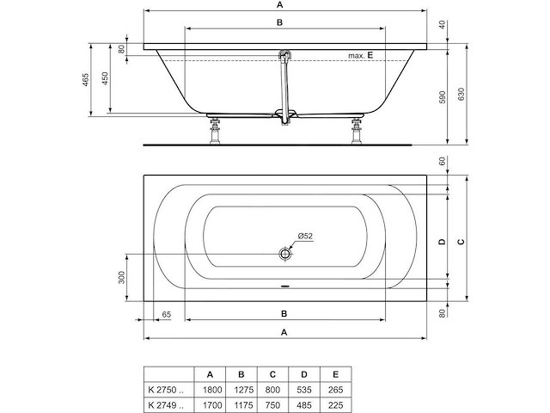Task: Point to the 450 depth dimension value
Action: click(106, 78)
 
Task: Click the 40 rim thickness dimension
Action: click(443, 25)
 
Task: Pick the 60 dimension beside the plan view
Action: click(443, 161)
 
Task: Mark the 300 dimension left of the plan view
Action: click(123, 277)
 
